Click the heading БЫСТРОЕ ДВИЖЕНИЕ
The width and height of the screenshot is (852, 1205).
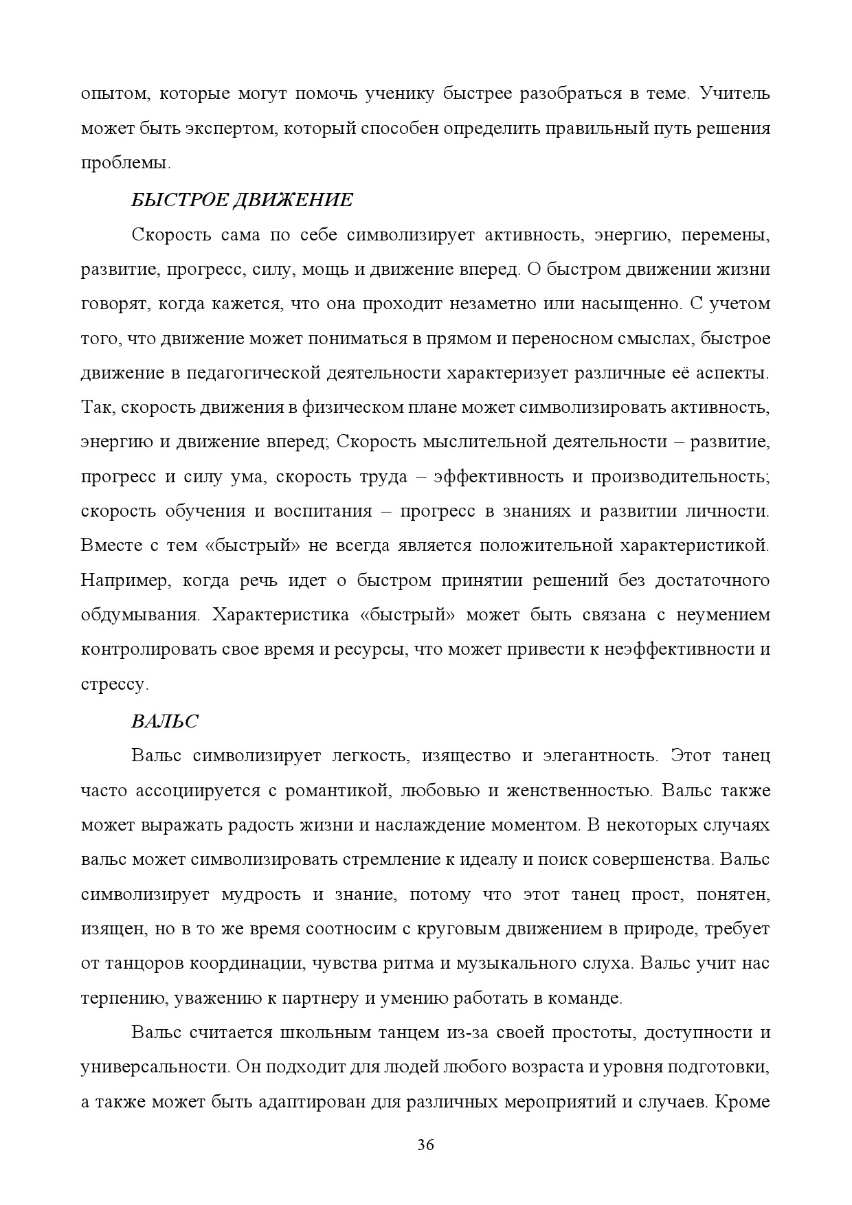242,200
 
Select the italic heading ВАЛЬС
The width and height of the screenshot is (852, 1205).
164,721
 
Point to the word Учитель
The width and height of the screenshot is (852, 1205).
735,93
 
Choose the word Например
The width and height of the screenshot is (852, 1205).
124,581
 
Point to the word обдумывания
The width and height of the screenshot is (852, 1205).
139,615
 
